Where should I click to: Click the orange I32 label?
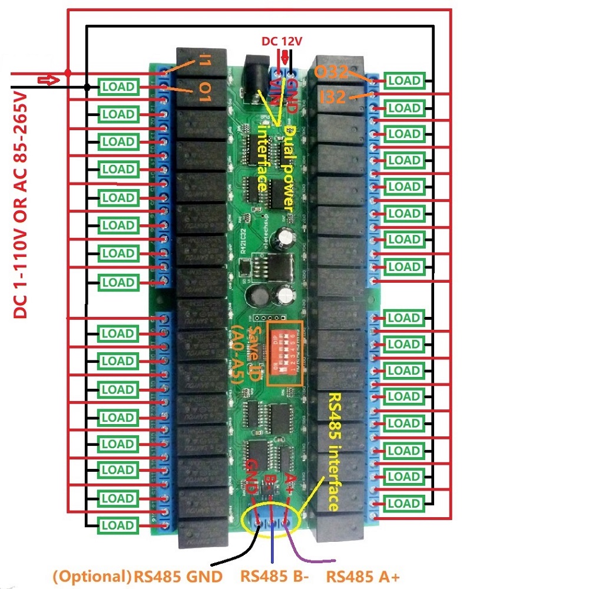pyautogui.click(x=333, y=97)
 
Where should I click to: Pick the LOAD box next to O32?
pyautogui.click(x=404, y=81)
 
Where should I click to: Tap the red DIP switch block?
pyautogui.click(x=285, y=353)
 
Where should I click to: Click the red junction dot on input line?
pyautogui.click(x=68, y=73)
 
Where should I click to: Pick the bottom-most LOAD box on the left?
pyautogui.click(x=118, y=525)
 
